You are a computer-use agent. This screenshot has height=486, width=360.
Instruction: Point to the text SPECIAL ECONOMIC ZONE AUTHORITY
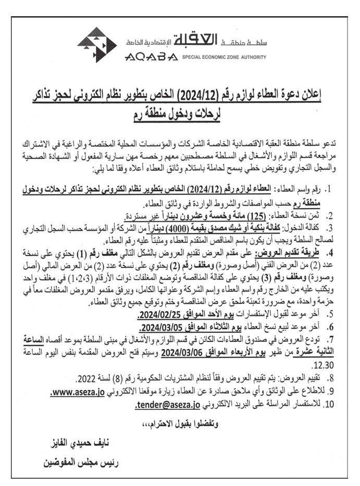coord(224,57)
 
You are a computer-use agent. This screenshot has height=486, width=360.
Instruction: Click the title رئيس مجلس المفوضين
coord(77,462)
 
